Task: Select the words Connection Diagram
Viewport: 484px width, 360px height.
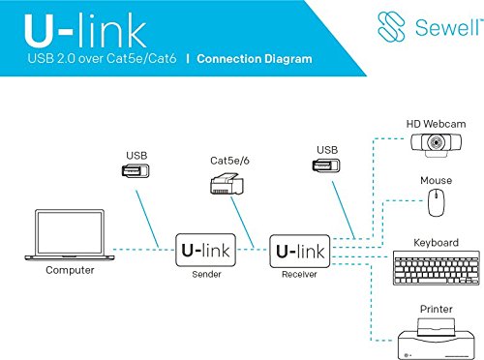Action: (x=255, y=59)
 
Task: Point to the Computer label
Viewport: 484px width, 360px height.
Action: (x=70, y=270)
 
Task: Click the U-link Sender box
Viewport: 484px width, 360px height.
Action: (x=203, y=252)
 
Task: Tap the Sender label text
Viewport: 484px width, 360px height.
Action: (x=203, y=275)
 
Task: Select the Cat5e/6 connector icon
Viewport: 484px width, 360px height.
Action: (x=227, y=182)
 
